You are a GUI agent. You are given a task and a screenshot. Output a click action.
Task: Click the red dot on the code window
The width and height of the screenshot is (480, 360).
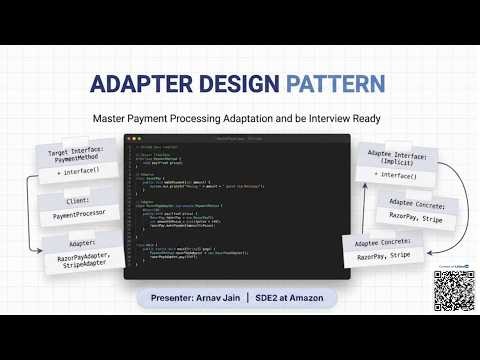pyautogui.click(x=130, y=138)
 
